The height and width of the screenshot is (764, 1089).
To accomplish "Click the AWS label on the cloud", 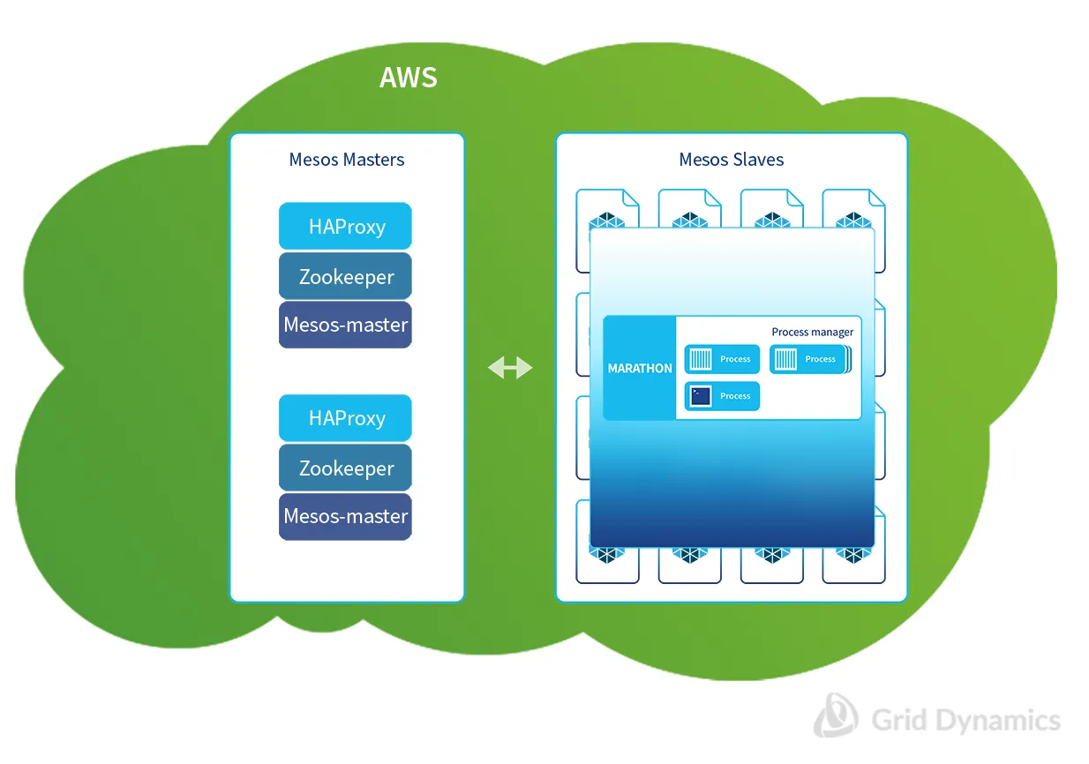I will point(408,78).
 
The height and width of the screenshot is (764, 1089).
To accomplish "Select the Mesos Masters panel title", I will point(347,160).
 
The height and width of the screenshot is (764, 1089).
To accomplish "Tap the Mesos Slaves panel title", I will point(731,160).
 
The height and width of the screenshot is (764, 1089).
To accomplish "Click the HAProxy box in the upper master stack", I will point(346,227).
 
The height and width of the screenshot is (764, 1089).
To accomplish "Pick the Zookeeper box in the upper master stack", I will point(346,276).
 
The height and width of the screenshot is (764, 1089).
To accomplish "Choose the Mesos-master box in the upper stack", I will point(346,325).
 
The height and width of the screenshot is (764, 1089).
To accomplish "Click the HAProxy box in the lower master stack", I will point(346,418).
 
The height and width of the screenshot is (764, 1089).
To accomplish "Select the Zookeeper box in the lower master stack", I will point(346,468).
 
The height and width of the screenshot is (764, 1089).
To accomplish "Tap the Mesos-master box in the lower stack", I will point(346,516).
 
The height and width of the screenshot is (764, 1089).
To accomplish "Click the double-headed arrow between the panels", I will point(510,368).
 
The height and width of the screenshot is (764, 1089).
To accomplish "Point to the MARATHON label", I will point(640,368).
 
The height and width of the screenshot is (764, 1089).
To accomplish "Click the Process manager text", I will point(812,333).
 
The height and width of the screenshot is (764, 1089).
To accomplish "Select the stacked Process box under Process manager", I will point(809,359).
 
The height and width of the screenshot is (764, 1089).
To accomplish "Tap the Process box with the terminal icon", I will point(722,396).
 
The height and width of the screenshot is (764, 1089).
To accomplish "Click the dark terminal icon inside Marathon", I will point(701,396).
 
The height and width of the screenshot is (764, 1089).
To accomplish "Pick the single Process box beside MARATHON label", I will point(722,359).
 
